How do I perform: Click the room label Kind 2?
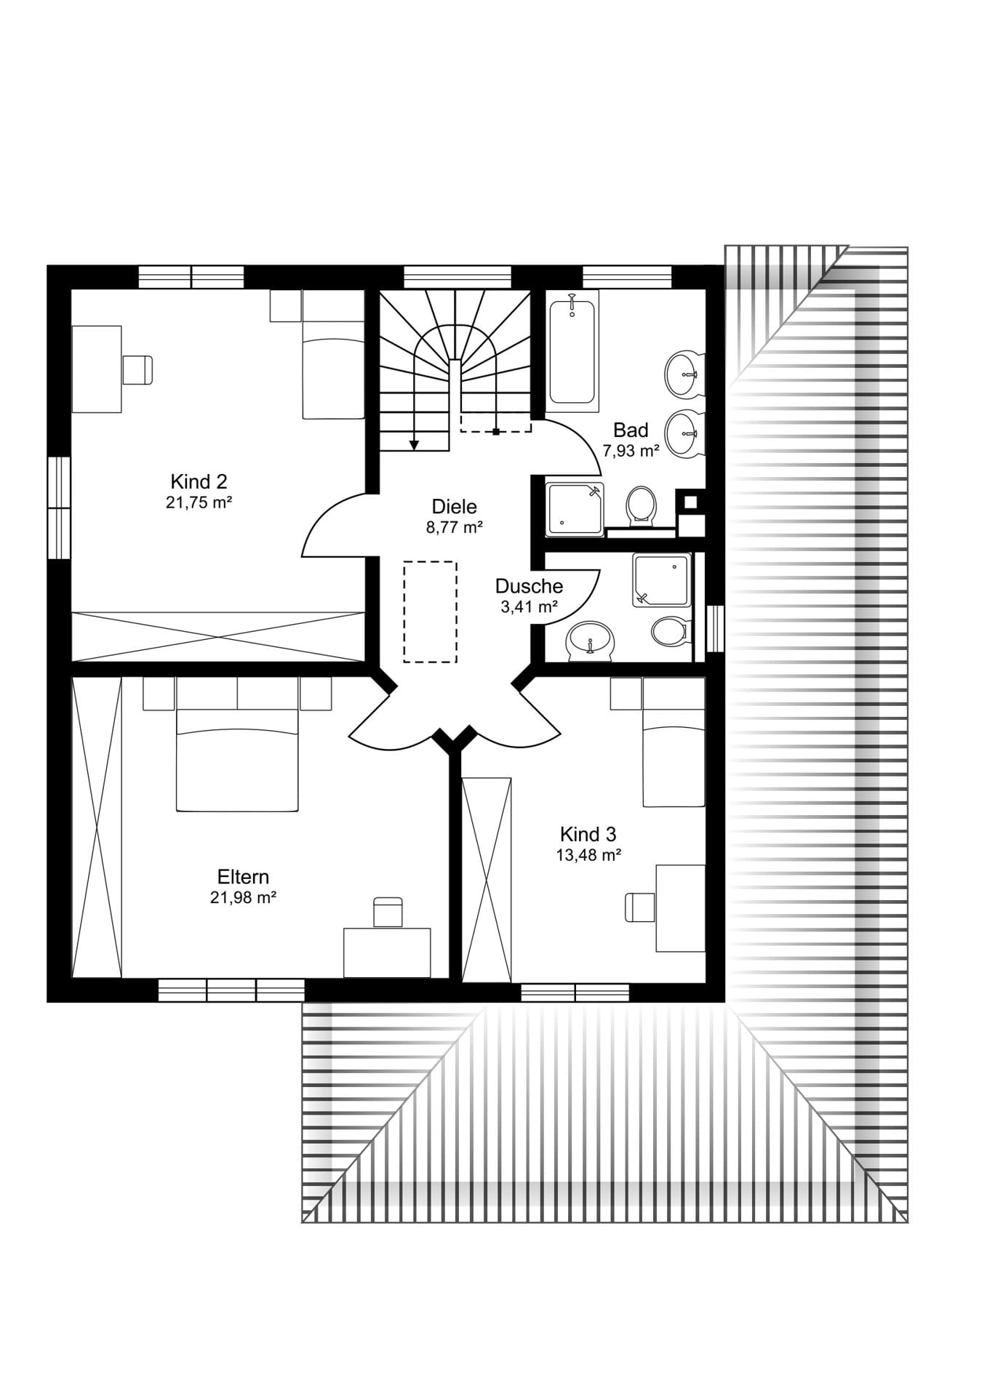click(x=199, y=481)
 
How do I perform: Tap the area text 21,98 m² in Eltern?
click(x=243, y=898)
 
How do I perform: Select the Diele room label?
click(x=454, y=507)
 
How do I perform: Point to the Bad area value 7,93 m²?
click(x=631, y=451)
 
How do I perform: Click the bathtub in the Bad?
click(x=572, y=346)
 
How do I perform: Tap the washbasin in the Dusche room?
click(x=590, y=640)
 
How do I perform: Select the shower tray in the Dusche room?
click(x=661, y=579)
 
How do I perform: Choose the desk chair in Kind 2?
click(x=137, y=369)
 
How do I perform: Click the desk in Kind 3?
click(x=680, y=908)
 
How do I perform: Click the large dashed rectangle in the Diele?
click(x=431, y=611)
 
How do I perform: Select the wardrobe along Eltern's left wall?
click(x=97, y=827)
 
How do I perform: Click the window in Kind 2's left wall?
click(x=59, y=508)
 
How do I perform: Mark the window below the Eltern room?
click(x=231, y=990)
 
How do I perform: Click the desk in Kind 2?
click(x=97, y=369)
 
